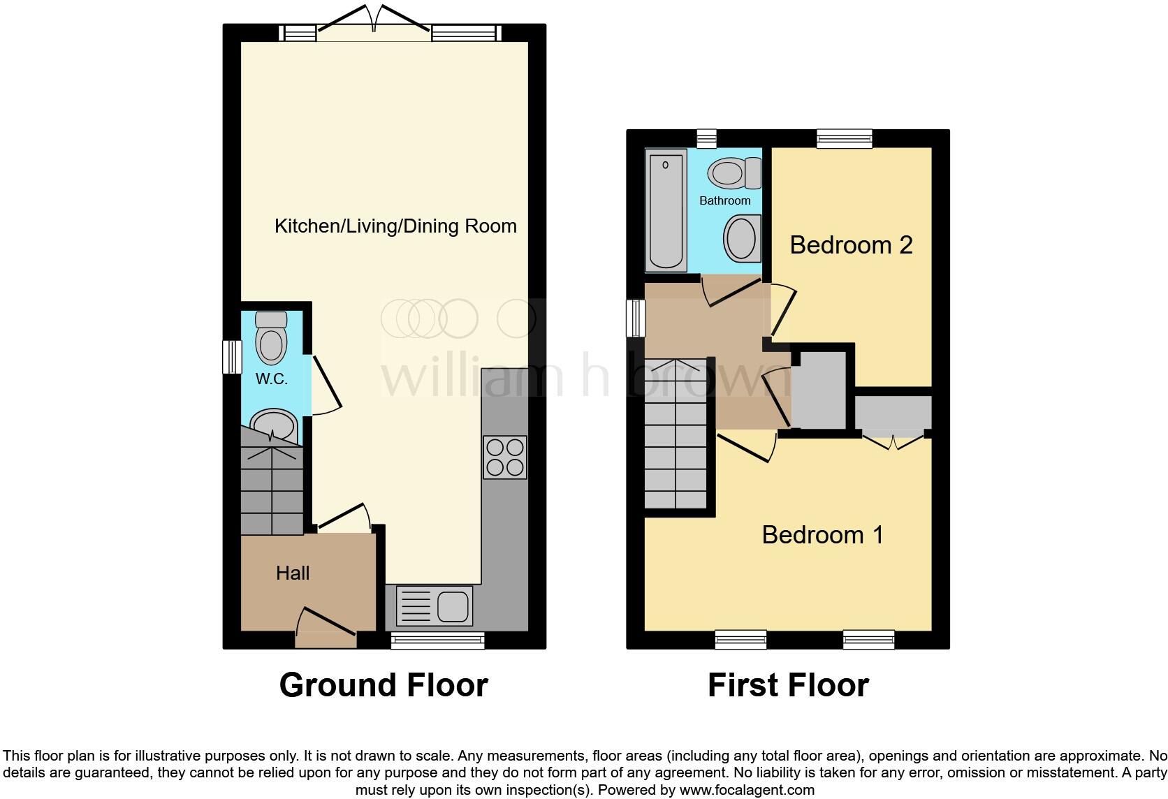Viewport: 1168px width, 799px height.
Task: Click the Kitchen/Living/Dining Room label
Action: pos(395,226)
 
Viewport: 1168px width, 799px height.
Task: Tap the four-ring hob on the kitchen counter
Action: pos(504,457)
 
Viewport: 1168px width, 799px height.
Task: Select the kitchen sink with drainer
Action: pos(435,605)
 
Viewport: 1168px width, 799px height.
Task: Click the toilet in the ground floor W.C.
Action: pos(271,338)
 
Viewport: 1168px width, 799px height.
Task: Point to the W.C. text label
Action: pos(272,379)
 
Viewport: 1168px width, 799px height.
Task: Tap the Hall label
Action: pos(293,573)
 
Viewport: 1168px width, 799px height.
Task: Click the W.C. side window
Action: pos(231,356)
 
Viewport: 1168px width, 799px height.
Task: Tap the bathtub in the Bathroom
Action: pos(666,212)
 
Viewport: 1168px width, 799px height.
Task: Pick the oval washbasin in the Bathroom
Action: pos(741,237)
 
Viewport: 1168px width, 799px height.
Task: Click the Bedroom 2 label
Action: pos(851,245)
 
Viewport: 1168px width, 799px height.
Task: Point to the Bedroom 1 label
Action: pos(822,535)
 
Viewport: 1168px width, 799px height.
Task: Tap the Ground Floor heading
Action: pos(384,685)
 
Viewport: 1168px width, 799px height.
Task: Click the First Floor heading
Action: pos(788,685)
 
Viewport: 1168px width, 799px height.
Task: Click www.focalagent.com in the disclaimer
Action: pos(747,791)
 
